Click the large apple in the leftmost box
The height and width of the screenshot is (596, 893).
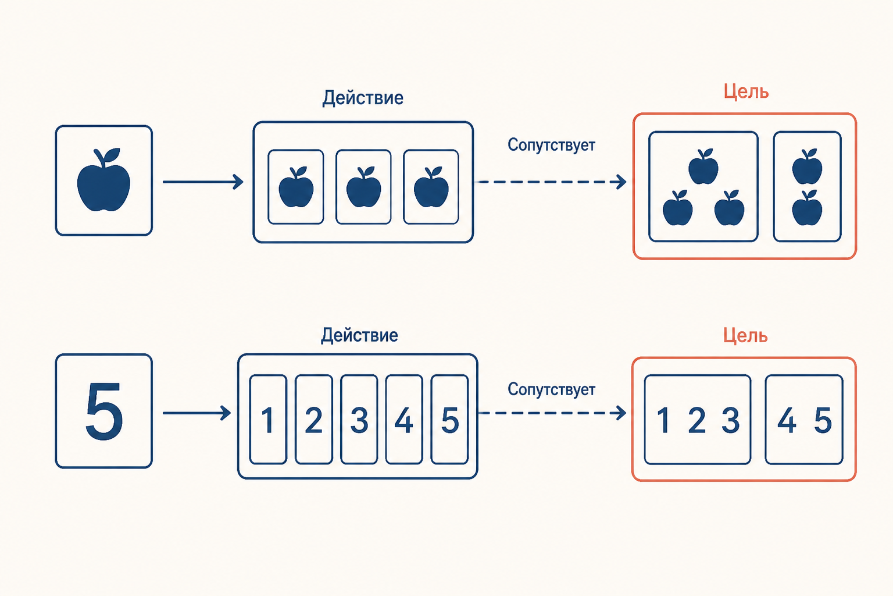(103, 180)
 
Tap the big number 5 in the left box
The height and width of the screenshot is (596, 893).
(104, 411)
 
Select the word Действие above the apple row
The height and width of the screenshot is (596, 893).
(363, 98)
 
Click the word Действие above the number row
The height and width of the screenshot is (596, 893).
(360, 335)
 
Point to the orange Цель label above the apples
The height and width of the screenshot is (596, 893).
(746, 91)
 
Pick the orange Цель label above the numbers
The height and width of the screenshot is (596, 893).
(745, 335)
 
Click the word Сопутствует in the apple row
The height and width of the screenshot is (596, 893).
(551, 145)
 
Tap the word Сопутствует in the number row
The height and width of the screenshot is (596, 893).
(551, 389)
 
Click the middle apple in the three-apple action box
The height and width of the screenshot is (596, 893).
(363, 187)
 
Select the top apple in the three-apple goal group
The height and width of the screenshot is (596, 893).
(703, 166)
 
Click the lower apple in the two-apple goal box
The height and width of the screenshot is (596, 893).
(807, 208)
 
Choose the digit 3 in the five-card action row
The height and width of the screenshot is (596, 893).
(359, 420)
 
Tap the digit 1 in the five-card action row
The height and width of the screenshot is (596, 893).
(268, 420)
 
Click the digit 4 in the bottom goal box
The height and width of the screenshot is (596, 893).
(787, 420)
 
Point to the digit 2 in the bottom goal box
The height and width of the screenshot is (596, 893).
(697, 420)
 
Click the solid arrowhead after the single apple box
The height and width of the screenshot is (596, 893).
(238, 182)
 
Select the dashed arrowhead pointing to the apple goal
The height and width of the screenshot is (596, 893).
(621, 182)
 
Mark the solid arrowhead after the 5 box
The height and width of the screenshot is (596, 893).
(226, 413)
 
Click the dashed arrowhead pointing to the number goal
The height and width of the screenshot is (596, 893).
(621, 413)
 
